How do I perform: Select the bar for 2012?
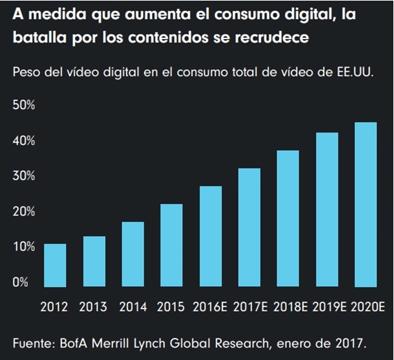(55, 265)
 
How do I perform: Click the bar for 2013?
(94, 262)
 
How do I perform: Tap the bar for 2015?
(172, 245)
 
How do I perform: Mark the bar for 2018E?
(288, 218)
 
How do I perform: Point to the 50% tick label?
(25, 106)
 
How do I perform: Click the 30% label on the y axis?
(25, 176)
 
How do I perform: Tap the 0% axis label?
(22, 282)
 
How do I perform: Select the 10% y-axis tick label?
(25, 247)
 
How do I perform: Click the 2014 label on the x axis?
(133, 307)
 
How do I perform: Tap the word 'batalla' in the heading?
(37, 38)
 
